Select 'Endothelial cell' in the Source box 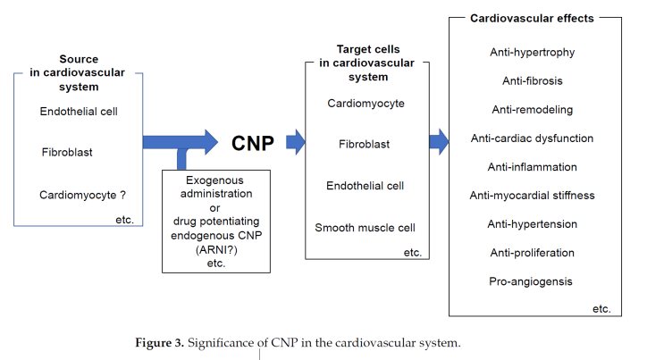(79, 112)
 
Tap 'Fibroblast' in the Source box (67, 152)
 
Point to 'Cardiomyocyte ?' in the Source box (81, 194)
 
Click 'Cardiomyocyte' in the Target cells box (366, 104)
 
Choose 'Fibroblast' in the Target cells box (365, 144)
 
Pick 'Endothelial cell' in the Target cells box (366, 186)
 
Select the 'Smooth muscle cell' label (365, 228)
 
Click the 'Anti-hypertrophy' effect (532, 53)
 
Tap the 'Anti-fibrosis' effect (532, 81)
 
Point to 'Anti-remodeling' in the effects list (532, 110)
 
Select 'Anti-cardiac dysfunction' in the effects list (532, 138)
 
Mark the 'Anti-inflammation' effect (532, 167)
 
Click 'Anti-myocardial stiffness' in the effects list (532, 196)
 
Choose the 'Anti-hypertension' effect (532, 224)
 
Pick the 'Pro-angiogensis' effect (532, 282)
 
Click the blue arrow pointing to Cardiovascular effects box (438, 141)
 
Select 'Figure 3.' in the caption (158, 343)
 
